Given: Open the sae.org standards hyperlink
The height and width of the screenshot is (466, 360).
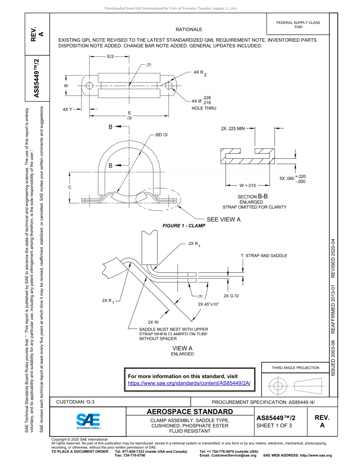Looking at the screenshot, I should pos(189,383).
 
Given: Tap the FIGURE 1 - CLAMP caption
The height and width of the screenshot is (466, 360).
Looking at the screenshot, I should pos(184,225).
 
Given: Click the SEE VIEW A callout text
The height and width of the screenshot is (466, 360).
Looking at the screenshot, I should pos(223,219).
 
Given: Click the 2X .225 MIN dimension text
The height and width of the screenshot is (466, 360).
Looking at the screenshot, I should pos(233,128).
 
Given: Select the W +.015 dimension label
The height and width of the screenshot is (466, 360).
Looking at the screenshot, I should pos(248,185).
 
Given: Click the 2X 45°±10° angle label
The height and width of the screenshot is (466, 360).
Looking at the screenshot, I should pos(208,304).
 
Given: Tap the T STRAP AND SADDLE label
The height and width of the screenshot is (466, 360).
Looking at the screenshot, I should pos(264,256).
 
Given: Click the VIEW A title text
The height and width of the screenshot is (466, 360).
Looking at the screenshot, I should pos(182,348).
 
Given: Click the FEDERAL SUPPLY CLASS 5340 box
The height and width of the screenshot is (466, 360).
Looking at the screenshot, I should pos(298,25).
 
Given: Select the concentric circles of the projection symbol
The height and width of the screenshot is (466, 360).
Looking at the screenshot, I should pos(278,386).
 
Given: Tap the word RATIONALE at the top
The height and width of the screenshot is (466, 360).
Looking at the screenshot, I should pos(189,30).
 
